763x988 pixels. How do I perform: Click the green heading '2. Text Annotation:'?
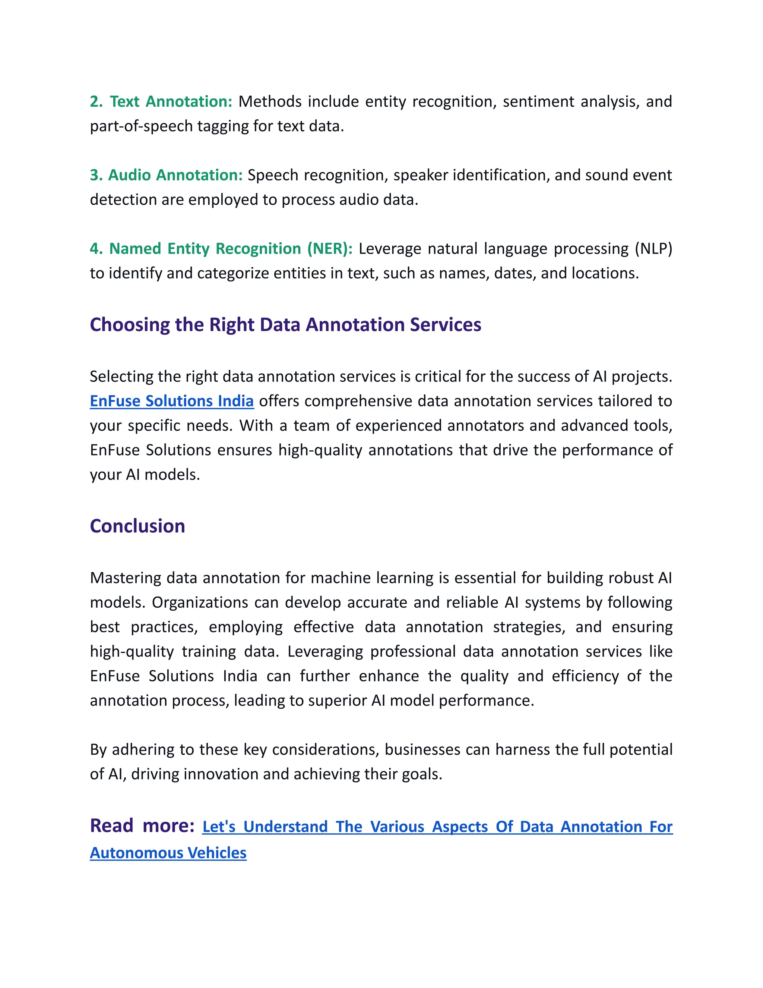coord(161,101)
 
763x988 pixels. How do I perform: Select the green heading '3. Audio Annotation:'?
coord(166,175)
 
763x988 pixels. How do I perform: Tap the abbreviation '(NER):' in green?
coord(329,249)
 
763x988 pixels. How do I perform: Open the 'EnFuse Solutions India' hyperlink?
coord(172,401)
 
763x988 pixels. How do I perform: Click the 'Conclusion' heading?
coord(137,526)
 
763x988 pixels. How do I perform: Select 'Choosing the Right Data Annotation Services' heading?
coord(285,325)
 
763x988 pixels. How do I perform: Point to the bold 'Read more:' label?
coord(142,825)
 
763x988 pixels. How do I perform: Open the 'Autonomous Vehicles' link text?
coord(168,853)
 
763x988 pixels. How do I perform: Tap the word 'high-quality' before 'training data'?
coord(132,651)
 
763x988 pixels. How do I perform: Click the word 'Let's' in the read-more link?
coord(219,827)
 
